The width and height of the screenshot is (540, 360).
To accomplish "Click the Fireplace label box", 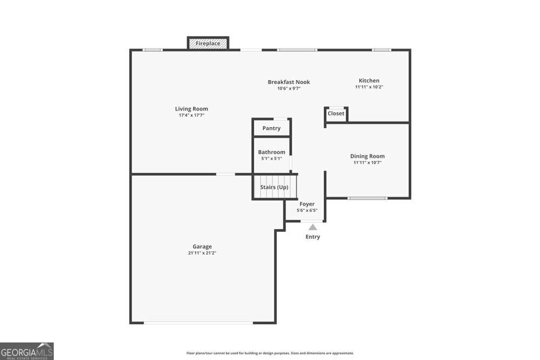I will click(x=208, y=43).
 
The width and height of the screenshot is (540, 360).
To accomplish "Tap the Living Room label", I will click(x=191, y=109).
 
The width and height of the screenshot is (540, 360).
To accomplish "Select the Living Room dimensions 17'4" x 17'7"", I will click(x=191, y=115).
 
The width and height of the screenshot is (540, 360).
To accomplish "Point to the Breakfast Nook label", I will click(x=288, y=82).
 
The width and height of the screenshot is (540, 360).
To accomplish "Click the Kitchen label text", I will click(x=369, y=81).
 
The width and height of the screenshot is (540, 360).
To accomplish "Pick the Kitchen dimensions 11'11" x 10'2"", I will click(x=369, y=87).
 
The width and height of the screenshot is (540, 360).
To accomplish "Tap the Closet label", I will click(x=336, y=113).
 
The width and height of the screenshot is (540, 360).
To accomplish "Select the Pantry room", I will click(x=271, y=128).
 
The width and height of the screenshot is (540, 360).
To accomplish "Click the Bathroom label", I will click(x=271, y=152).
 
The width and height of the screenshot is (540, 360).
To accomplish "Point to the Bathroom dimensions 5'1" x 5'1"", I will click(x=271, y=159).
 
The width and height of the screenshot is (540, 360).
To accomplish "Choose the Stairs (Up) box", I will click(x=275, y=187).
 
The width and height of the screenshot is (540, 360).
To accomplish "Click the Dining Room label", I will click(x=367, y=156).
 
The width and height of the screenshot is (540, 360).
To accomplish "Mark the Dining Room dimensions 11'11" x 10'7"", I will click(x=367, y=162).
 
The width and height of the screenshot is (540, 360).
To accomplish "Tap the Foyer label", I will click(x=307, y=204).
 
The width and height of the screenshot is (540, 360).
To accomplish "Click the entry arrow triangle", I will click(x=313, y=227).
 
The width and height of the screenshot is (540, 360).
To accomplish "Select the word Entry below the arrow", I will click(x=313, y=237).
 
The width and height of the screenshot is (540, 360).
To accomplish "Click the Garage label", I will click(x=202, y=246).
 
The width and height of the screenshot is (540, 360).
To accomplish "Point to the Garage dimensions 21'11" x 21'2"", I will click(x=202, y=253).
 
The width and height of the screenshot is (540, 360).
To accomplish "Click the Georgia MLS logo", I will click(x=26, y=351).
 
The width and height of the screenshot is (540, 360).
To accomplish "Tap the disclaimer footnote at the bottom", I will click(x=269, y=353).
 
